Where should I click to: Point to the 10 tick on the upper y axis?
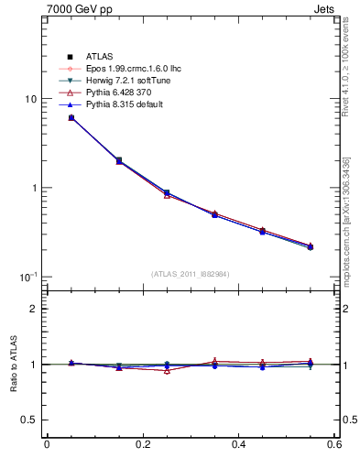tap(29, 99)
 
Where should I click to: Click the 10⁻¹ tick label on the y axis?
tap(27, 277)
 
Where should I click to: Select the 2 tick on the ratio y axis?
tap(33, 309)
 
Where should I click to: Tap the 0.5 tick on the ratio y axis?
tap(28, 420)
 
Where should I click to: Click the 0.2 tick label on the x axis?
tap(142, 445)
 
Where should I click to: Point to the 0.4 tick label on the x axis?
tap(238, 445)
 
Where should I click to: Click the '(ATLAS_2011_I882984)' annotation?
tap(191, 274)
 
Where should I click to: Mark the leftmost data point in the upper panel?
tap(71, 117)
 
